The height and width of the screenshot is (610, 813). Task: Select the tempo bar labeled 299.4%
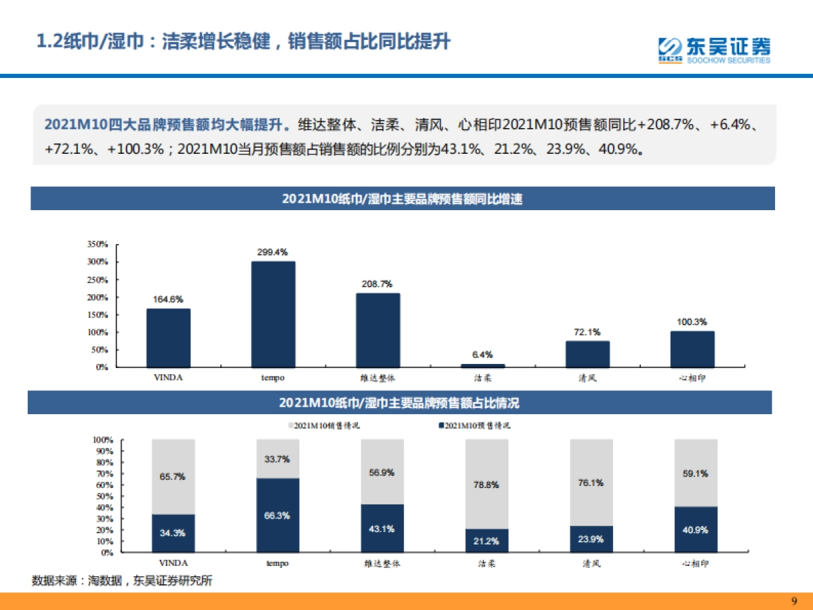(x=273, y=314)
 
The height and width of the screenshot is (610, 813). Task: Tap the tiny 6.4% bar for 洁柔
(x=482, y=365)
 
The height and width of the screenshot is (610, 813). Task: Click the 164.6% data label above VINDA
(x=168, y=298)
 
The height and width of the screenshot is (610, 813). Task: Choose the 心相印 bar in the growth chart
(x=692, y=349)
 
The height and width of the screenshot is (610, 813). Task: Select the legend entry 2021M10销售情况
(x=323, y=426)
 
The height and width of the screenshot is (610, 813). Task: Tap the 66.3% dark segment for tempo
(x=278, y=515)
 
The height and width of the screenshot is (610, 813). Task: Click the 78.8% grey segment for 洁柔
(x=487, y=484)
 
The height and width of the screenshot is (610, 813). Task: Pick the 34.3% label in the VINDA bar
(x=173, y=533)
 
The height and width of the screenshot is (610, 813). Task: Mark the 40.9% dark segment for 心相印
(x=696, y=529)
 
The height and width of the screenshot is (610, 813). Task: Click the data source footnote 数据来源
(x=122, y=581)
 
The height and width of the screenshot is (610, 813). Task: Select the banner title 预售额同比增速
(x=402, y=199)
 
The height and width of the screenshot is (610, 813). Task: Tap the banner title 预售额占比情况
(x=400, y=403)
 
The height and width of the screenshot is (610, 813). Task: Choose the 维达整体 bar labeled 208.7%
(x=378, y=330)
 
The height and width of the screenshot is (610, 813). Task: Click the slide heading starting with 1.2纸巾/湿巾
(x=243, y=41)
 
